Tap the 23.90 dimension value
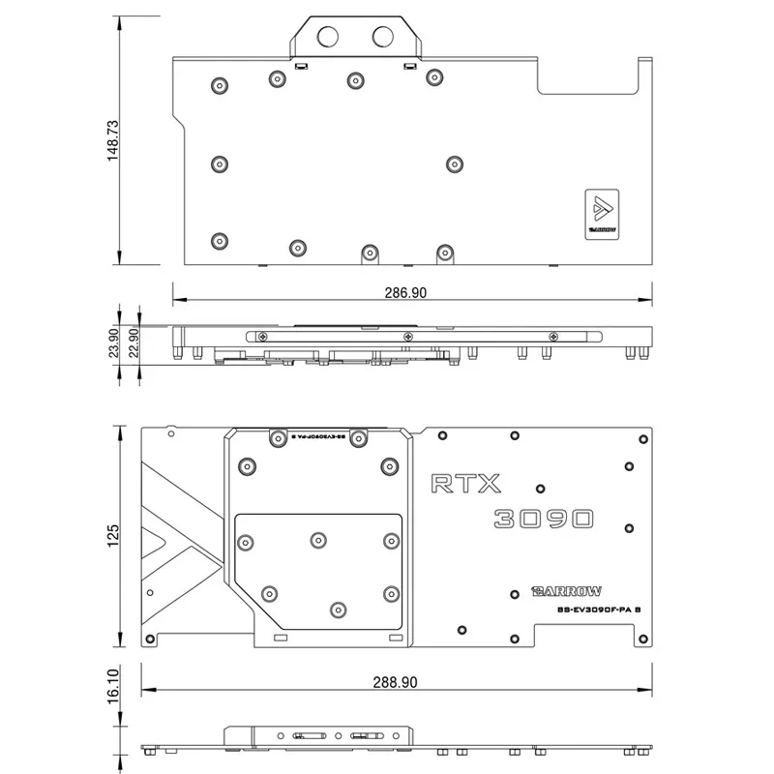tap(113, 342)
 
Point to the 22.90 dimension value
tap(134, 342)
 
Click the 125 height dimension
tap(113, 535)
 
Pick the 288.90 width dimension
tap(395, 681)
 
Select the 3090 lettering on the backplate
tap(542, 520)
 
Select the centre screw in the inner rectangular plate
tap(318, 538)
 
